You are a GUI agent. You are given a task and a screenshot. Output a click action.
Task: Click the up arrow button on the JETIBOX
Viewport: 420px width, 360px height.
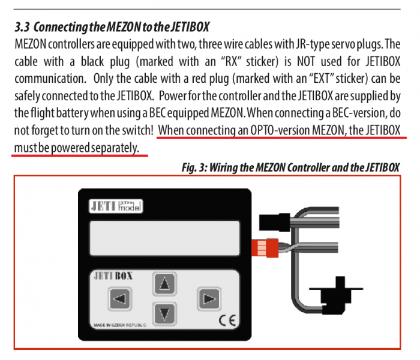point(164,284)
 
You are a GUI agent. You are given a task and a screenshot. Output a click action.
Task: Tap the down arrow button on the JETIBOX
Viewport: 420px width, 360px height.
point(164,313)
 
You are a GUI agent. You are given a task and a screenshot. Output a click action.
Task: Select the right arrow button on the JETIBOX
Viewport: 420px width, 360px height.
point(209,299)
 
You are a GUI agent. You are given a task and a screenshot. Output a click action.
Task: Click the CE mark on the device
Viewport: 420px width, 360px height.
point(227,320)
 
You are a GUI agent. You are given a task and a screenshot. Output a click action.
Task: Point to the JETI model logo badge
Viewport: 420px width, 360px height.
point(116,206)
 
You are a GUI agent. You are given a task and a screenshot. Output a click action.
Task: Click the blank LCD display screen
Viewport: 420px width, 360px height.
point(165,238)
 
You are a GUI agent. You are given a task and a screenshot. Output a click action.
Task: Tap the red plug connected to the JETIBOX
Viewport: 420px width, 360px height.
point(265,248)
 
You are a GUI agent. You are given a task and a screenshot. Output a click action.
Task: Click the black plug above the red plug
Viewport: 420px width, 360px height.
point(275,222)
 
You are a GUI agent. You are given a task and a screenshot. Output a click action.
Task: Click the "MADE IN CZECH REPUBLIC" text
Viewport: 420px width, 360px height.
point(120,325)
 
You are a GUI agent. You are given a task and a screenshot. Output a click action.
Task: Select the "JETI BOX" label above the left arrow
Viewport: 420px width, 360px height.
point(113,276)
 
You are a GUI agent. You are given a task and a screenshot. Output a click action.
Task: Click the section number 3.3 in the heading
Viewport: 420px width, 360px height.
point(22,27)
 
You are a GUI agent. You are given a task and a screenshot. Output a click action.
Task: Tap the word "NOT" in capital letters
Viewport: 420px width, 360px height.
point(305,62)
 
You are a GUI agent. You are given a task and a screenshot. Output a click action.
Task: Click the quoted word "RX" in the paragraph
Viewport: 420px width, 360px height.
point(232,61)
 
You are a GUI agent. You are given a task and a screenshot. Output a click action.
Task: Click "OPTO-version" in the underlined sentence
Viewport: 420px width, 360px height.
point(280,130)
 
